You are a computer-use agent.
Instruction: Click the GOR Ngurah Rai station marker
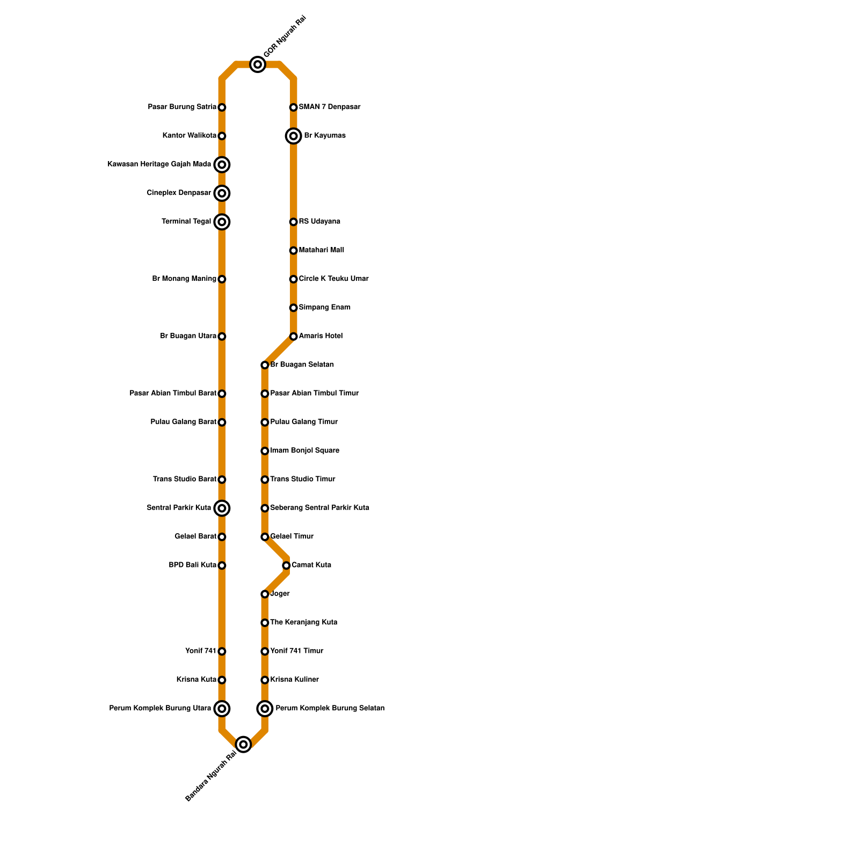tap(258, 65)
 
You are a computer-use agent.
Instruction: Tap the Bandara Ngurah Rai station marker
tap(243, 744)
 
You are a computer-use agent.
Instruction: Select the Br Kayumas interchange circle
tap(293, 136)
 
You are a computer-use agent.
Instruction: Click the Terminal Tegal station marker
tap(222, 222)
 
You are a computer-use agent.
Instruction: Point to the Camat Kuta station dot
tap(286, 565)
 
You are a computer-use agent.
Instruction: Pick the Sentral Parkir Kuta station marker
tap(222, 508)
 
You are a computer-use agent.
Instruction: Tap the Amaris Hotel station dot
tap(293, 337)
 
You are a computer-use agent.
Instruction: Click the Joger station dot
tap(265, 594)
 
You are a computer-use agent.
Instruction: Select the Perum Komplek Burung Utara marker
tap(222, 709)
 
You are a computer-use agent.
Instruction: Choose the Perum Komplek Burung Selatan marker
tap(265, 709)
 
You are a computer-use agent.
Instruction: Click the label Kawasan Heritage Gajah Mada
tap(159, 164)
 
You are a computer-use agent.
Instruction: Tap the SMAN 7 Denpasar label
tap(329, 107)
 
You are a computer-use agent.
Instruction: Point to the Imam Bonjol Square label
tap(304, 451)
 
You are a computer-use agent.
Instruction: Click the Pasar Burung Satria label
tap(182, 107)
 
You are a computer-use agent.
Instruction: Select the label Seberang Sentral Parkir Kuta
tap(319, 508)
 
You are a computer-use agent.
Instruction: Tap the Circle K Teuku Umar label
tap(333, 279)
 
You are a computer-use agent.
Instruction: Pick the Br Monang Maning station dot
tap(222, 279)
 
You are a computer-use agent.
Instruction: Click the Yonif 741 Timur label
tap(296, 651)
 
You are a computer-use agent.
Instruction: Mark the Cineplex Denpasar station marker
tap(222, 193)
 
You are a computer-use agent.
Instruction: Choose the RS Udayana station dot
tap(293, 222)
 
